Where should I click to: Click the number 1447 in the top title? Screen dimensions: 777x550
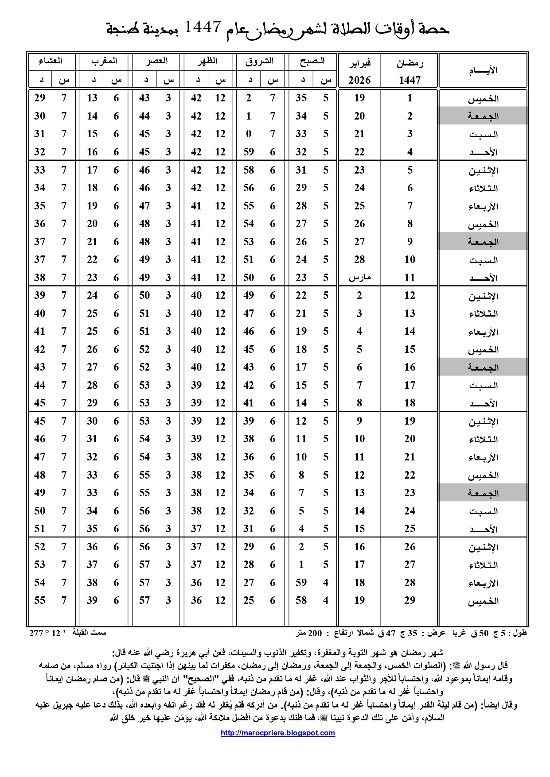[203, 28]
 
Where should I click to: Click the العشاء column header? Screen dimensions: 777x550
[51, 61]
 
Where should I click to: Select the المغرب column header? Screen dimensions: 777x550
[104, 61]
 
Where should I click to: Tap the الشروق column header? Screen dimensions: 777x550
[260, 61]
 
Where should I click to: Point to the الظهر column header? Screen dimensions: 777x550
[207, 61]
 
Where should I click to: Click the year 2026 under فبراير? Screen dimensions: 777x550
[359, 80]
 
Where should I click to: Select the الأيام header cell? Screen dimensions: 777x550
[483, 70]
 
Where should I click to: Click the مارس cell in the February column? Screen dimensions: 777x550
[359, 278]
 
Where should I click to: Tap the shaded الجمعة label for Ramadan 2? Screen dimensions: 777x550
[483, 116]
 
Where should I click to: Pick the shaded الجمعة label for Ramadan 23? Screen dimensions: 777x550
[483, 493]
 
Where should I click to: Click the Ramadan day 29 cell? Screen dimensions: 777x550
[410, 600]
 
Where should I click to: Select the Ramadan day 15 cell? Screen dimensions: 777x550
[410, 349]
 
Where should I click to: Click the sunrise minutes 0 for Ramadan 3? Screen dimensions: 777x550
[249, 134]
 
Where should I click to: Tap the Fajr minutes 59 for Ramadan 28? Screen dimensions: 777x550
[301, 583]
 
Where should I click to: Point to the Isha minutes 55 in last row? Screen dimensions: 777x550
[40, 600]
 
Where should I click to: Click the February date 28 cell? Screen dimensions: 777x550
[359, 259]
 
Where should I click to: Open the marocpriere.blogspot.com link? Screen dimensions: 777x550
[278, 733]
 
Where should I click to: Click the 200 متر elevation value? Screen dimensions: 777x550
[309, 633]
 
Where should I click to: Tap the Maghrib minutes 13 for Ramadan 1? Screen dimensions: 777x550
[92, 98]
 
